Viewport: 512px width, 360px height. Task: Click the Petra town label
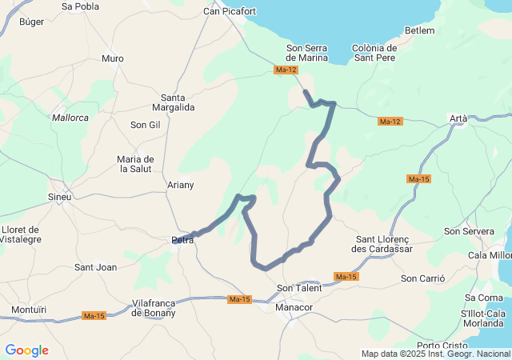coord(183,239)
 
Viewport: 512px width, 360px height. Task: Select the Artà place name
coord(458,118)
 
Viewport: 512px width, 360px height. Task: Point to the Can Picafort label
coord(230,11)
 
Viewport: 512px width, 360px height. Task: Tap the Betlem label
coord(420,30)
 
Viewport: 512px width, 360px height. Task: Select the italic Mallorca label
coord(70,118)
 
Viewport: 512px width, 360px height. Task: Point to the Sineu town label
coord(60,197)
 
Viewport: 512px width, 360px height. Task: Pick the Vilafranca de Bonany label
coord(158,308)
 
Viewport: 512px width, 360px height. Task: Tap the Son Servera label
coord(469,231)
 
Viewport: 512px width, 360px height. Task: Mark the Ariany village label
coord(180,185)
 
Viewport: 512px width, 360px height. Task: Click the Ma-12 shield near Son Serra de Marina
coord(286,70)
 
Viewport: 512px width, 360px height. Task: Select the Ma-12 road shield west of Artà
coord(390,122)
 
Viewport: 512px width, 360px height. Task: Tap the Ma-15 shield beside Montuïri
coord(94,316)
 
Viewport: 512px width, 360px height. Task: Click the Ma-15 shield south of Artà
coord(418,179)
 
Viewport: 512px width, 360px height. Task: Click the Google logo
coord(26,350)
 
